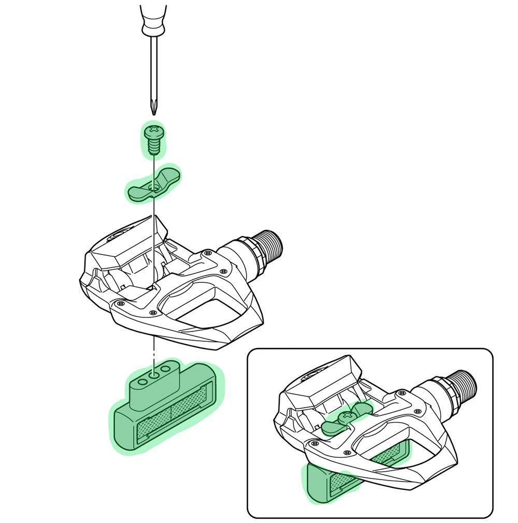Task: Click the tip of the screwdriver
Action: (153, 112)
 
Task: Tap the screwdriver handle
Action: (153, 16)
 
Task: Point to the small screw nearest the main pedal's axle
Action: (208, 253)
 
